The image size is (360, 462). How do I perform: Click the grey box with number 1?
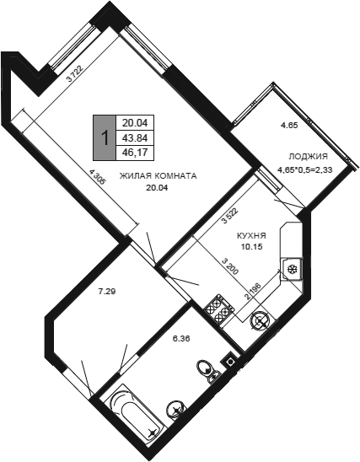click(105, 137)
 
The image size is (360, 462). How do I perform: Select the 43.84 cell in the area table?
click(135, 137)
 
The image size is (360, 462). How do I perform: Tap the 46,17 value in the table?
click(135, 153)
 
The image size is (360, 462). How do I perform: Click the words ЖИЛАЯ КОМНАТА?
click(158, 176)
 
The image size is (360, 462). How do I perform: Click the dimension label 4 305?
click(97, 176)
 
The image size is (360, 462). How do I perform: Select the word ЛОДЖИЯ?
click(309, 156)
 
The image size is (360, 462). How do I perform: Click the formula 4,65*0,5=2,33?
click(305, 169)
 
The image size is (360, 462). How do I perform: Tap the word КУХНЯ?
click(251, 236)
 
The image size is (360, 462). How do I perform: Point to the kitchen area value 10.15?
click(251, 247)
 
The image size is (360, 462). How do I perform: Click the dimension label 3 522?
click(230, 216)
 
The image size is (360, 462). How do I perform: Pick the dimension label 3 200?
click(230, 266)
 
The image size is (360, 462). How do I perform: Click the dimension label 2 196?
click(253, 292)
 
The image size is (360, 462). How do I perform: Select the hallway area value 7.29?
click(106, 292)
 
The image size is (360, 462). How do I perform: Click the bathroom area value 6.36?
click(181, 339)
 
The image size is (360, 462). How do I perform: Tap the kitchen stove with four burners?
click(219, 309)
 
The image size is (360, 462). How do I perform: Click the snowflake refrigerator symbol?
click(293, 269)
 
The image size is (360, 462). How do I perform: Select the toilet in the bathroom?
click(209, 370)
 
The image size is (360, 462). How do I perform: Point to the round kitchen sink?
click(261, 321)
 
